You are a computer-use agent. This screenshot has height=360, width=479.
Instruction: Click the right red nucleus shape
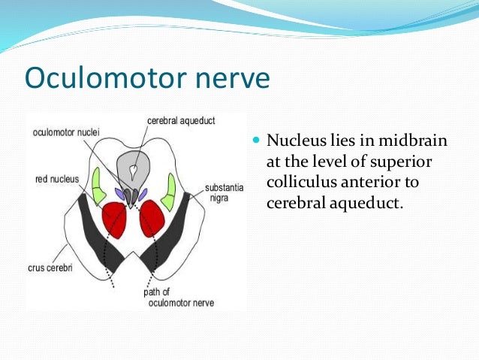pyautogui.click(x=152, y=217)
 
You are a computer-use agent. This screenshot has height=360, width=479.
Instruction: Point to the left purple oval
pyautogui.click(x=119, y=193)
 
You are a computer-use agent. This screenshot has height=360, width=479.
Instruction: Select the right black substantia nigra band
pyautogui.click(x=173, y=233)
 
